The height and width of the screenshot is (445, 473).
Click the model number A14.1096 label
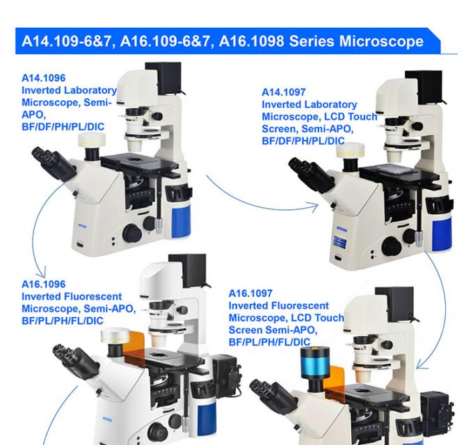tap(43, 79)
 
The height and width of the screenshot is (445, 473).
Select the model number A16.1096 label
tap(43, 284)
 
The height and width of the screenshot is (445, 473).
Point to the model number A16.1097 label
tap(250, 294)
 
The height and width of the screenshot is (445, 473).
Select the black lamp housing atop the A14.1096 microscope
tap(163, 75)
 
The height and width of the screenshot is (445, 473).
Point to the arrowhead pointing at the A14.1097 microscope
tap(314, 205)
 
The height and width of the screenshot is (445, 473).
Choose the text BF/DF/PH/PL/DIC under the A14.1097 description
tap(303, 141)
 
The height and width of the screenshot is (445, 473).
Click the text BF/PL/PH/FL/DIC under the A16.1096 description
tap(63, 321)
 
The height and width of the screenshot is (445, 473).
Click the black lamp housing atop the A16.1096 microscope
tap(188, 270)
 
